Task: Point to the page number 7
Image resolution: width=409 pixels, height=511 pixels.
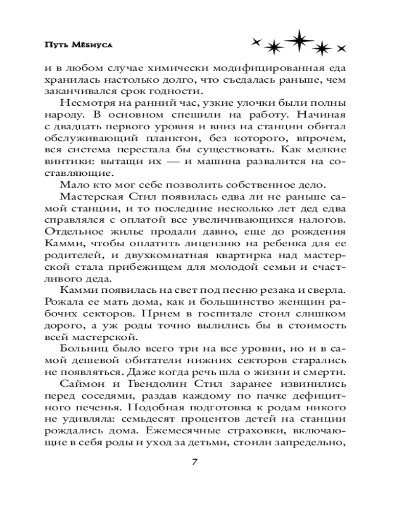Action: click(195, 462)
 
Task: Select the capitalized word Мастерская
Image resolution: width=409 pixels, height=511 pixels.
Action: click(90, 197)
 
